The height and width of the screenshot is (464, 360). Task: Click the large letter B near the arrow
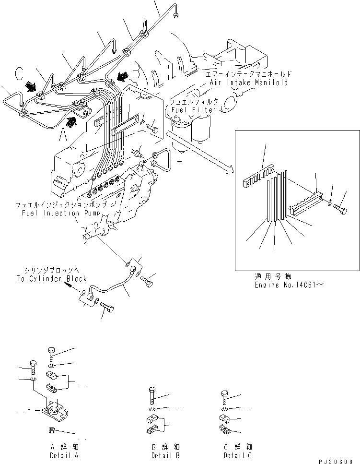click(x=136, y=73)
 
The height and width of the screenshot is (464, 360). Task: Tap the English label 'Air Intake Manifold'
click(x=249, y=83)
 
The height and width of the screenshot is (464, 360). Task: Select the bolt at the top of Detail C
click(x=225, y=396)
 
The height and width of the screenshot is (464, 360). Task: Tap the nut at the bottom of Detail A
click(x=52, y=429)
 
